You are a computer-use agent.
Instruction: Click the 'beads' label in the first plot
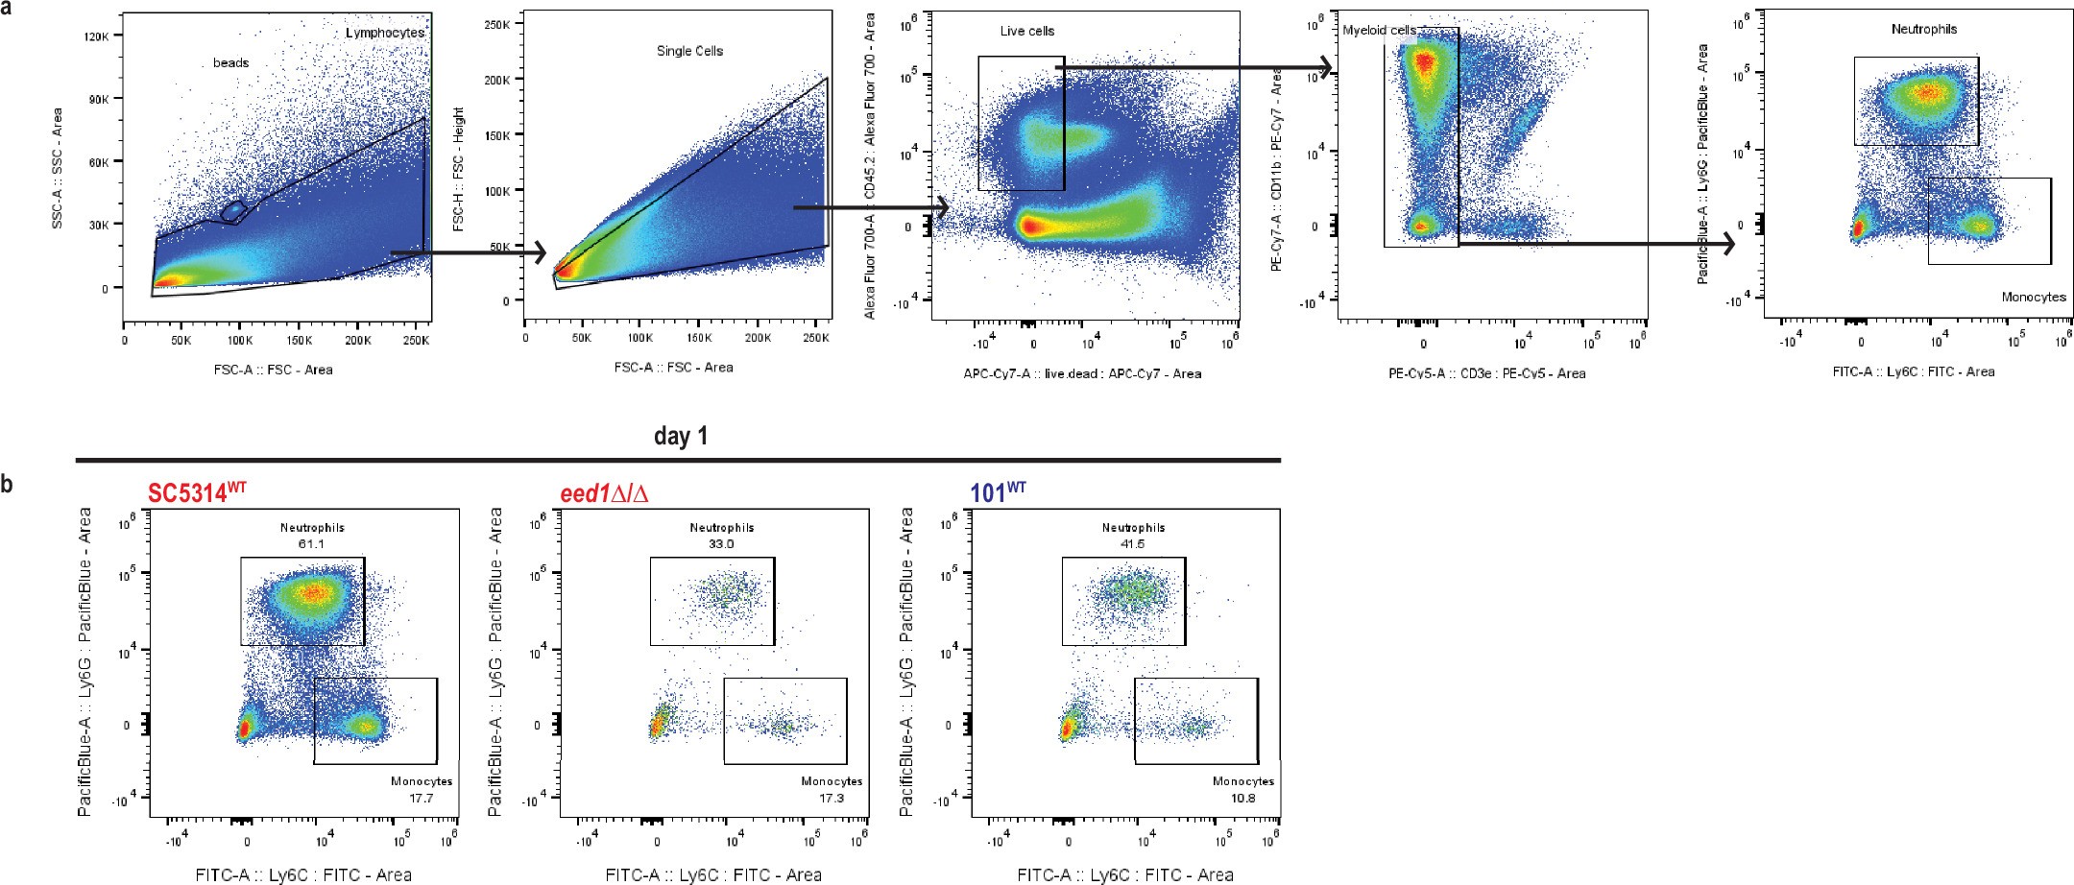[230, 63]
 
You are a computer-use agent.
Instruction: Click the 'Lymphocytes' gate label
[384, 33]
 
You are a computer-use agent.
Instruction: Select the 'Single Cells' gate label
[689, 51]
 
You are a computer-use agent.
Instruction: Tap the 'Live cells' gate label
[1026, 32]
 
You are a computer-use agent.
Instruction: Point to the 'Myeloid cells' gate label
[1379, 31]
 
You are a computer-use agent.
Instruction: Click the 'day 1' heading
[680, 436]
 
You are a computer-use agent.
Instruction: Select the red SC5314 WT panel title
[197, 493]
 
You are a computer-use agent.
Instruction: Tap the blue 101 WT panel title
[999, 493]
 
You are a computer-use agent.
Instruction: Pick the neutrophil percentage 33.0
[721, 544]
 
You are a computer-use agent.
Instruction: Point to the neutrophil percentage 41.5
[1133, 544]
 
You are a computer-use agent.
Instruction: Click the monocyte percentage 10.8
[1243, 798]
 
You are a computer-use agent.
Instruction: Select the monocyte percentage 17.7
[422, 798]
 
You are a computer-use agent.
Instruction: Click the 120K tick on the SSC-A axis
[97, 36]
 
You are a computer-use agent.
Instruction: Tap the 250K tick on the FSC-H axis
[496, 24]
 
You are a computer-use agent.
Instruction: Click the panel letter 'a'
[7, 9]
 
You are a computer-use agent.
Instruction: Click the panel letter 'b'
[7, 485]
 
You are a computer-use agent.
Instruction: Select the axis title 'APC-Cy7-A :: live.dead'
[1082, 373]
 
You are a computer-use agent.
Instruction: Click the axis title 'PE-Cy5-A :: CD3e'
[1486, 373]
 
